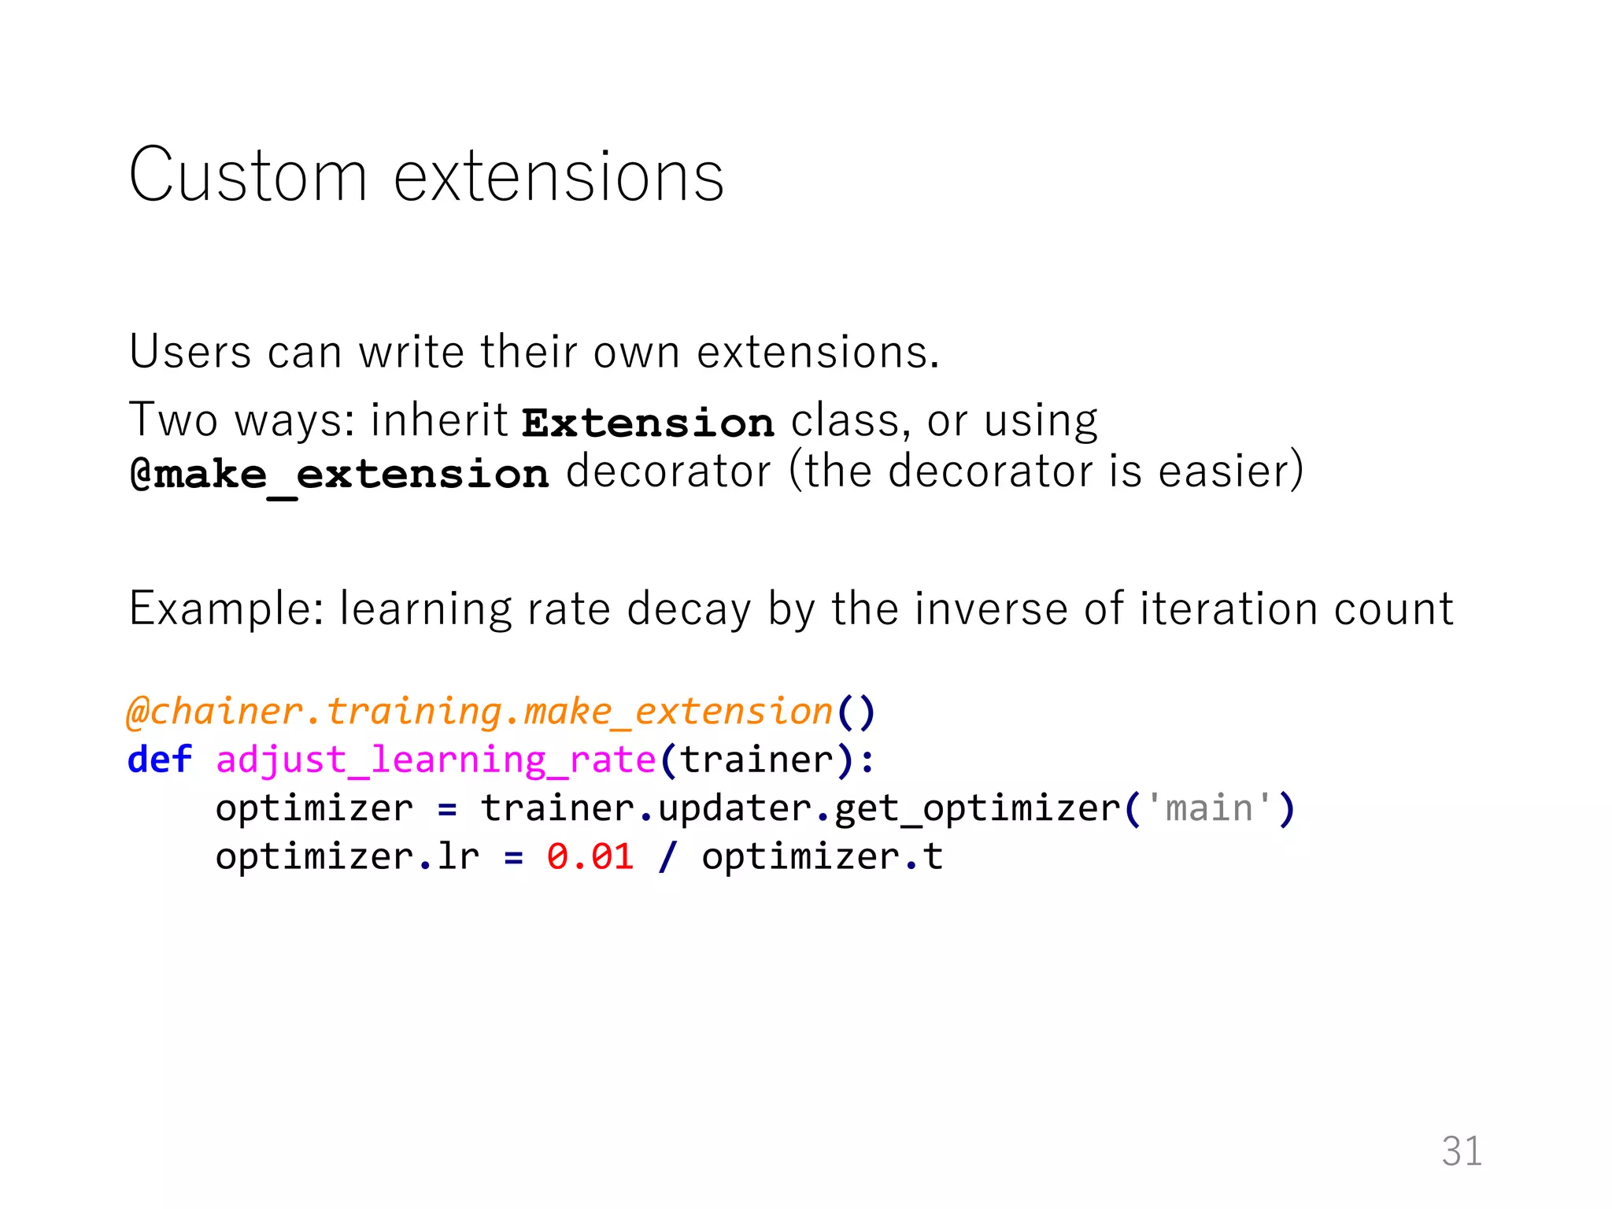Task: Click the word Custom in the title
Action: point(248,176)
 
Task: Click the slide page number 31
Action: point(1462,1152)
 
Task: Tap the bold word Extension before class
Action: point(648,423)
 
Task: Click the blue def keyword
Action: point(160,760)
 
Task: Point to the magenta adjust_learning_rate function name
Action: point(436,760)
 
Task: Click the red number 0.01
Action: point(590,856)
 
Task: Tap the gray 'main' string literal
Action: point(1209,808)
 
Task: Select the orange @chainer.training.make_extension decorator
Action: point(479,712)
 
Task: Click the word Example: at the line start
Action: point(227,609)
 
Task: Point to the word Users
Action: point(190,352)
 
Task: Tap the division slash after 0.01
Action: point(667,856)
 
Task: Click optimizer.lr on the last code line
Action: point(347,856)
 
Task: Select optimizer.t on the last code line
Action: point(822,856)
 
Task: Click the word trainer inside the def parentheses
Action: point(756,760)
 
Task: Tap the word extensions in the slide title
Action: point(558,176)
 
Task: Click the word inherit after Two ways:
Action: point(439,420)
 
